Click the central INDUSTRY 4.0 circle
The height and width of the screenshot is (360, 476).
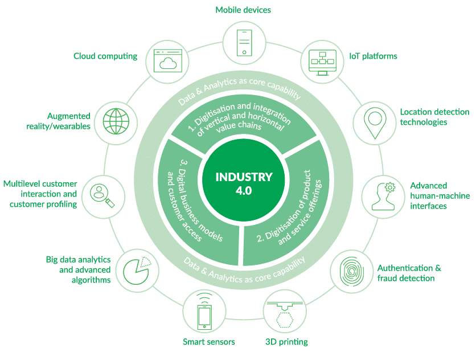[237, 183]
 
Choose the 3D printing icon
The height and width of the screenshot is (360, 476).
[285, 312]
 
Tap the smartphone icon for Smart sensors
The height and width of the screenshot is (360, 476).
[204, 312]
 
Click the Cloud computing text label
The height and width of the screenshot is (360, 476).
[105, 56]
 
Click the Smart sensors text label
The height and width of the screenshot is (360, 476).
[209, 342]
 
